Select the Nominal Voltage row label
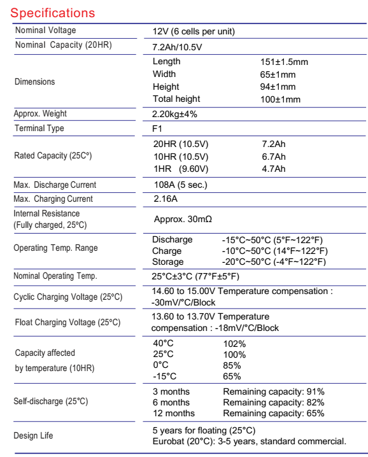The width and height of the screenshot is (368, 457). [x=43, y=30]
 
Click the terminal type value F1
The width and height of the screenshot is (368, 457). [x=158, y=129]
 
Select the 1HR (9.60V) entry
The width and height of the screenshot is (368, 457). [x=180, y=169]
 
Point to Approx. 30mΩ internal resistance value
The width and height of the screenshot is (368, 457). [x=185, y=218]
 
